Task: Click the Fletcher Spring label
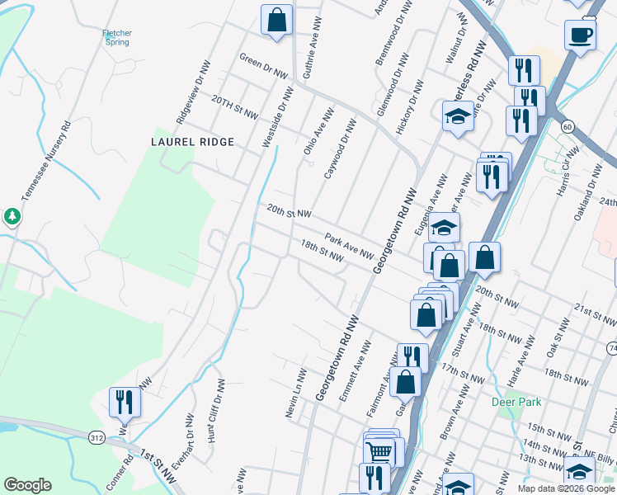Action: click(x=117, y=38)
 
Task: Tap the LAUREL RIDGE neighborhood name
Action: click(x=192, y=142)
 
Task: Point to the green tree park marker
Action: click(x=12, y=217)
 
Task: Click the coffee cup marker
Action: click(x=580, y=35)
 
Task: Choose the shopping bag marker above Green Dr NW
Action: click(x=277, y=20)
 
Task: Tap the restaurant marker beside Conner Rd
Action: click(x=125, y=402)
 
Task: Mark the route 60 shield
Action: click(x=567, y=126)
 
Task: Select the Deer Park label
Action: click(x=516, y=402)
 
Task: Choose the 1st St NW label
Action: click(x=158, y=461)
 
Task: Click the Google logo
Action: click(x=27, y=485)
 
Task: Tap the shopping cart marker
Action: click(x=379, y=450)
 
